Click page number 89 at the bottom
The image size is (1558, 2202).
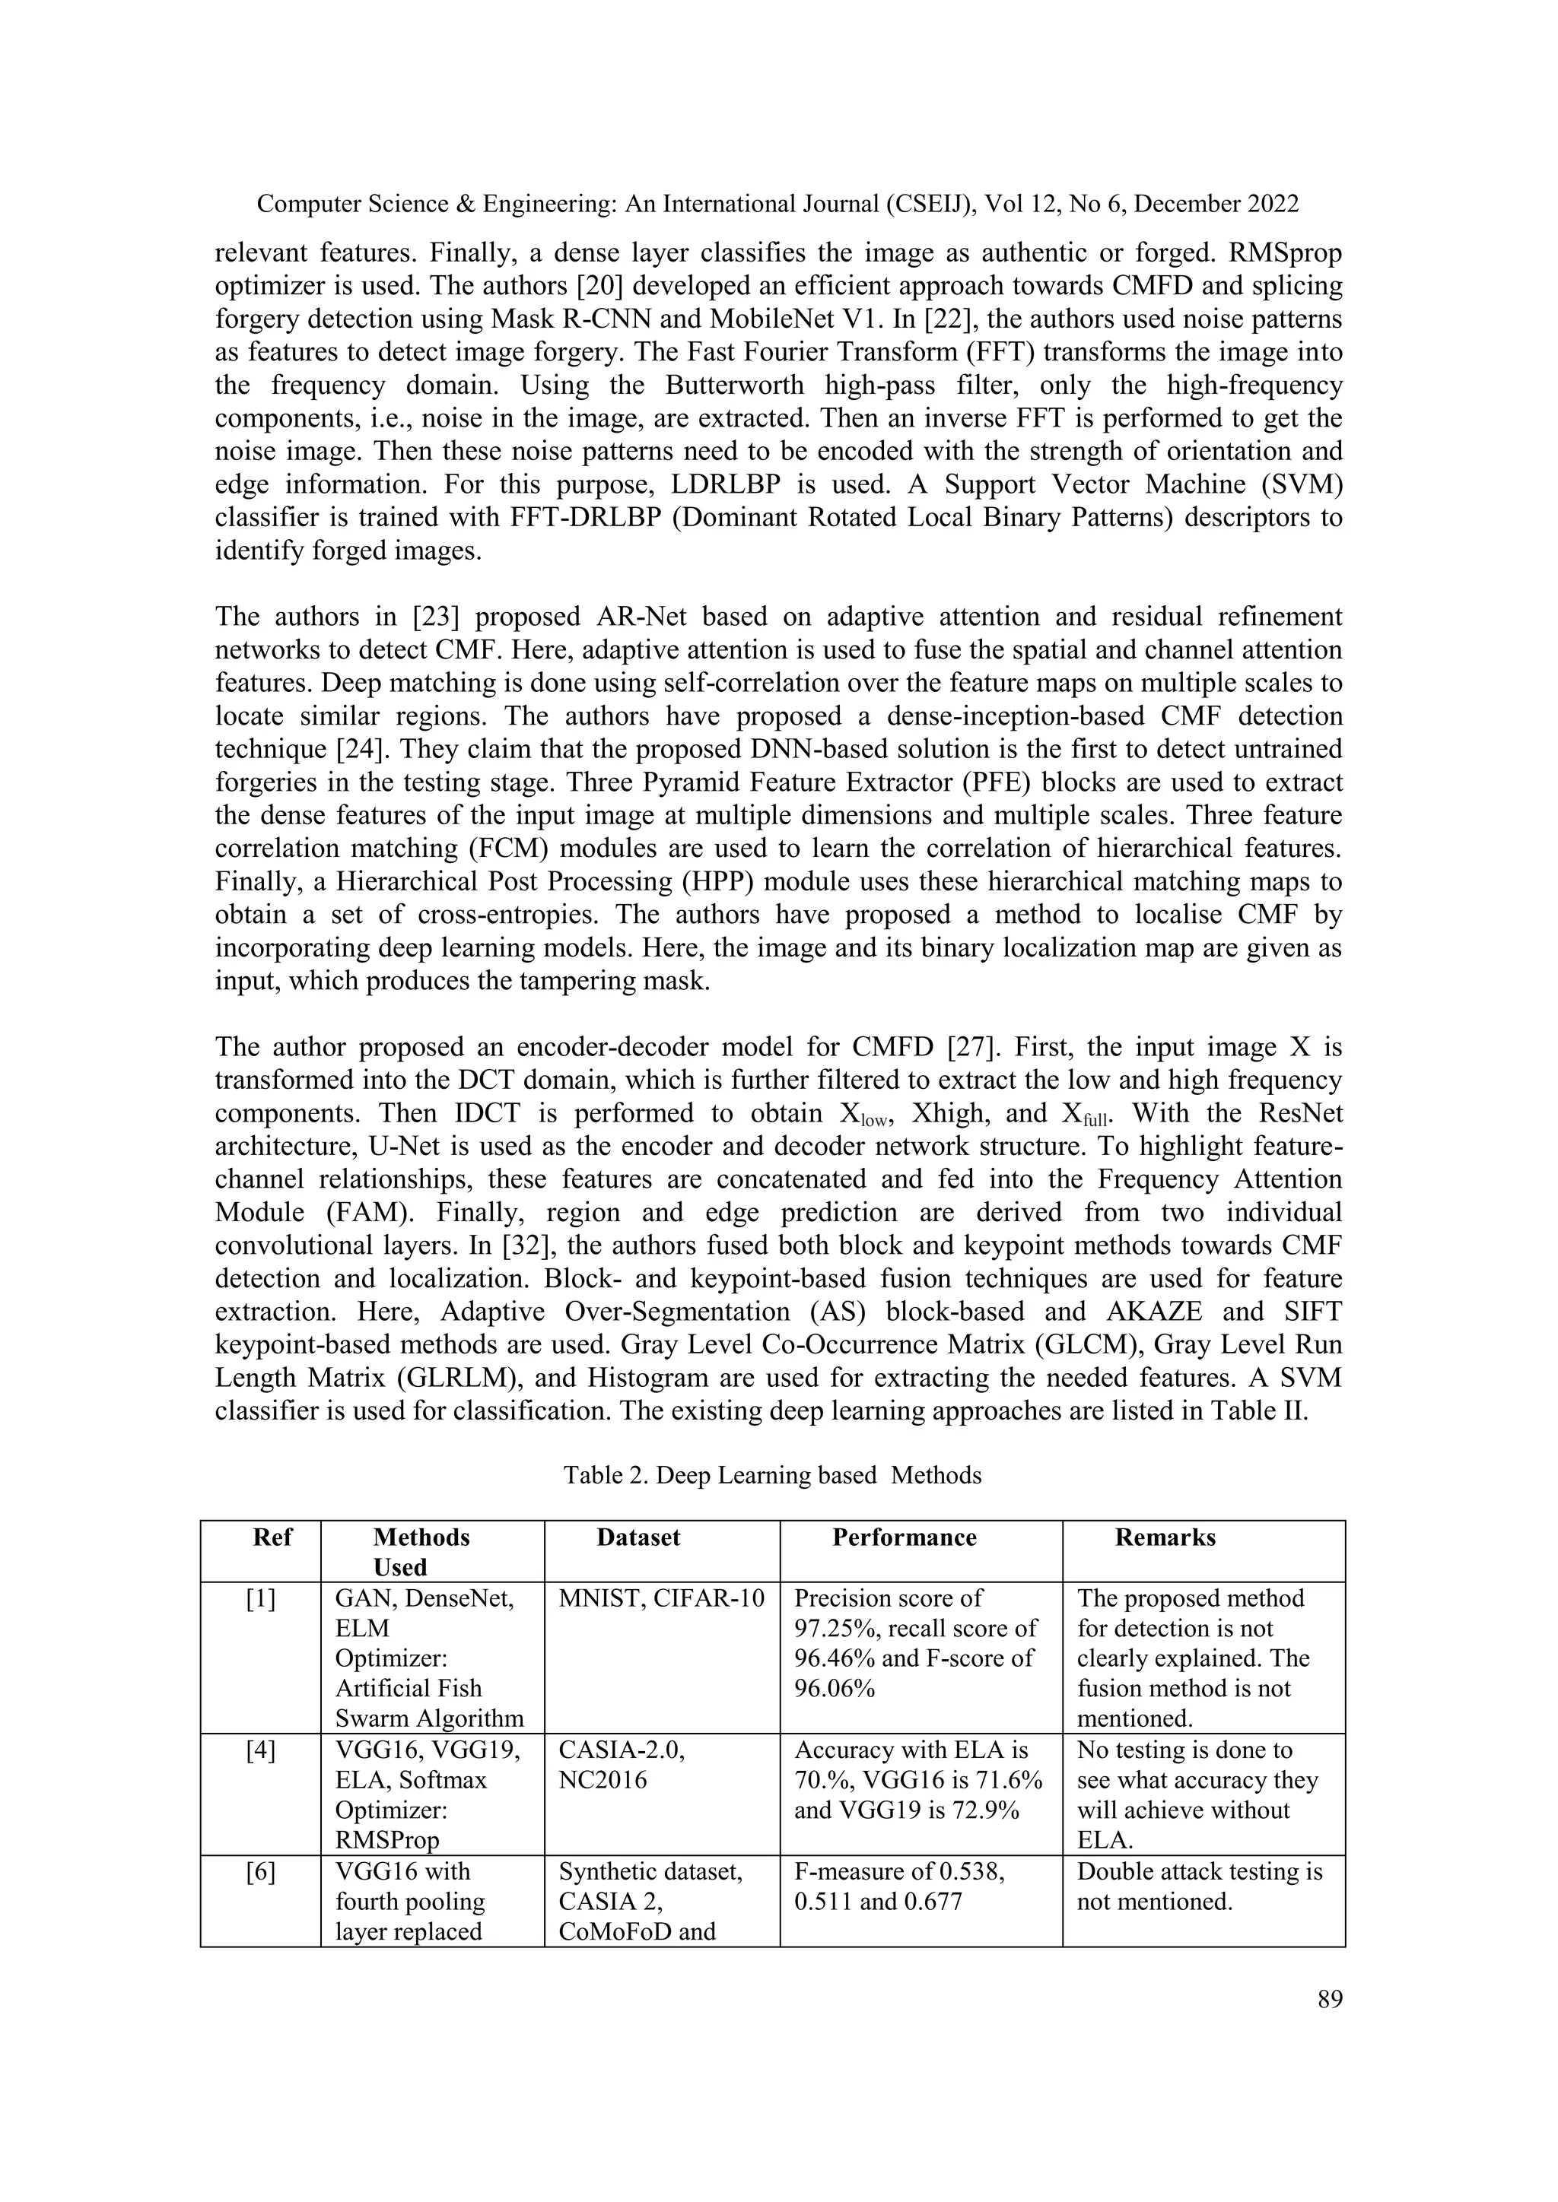(x=1330, y=2000)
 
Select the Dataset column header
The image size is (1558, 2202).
(x=638, y=1537)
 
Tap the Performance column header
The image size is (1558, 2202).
(x=904, y=1537)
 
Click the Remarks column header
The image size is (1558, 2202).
(x=1165, y=1537)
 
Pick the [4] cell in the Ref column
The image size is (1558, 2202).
(x=260, y=1750)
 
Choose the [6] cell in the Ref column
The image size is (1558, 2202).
(x=260, y=1871)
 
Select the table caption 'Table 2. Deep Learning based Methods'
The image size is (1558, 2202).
(x=772, y=1475)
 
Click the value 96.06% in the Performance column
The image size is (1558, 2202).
(x=835, y=1689)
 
